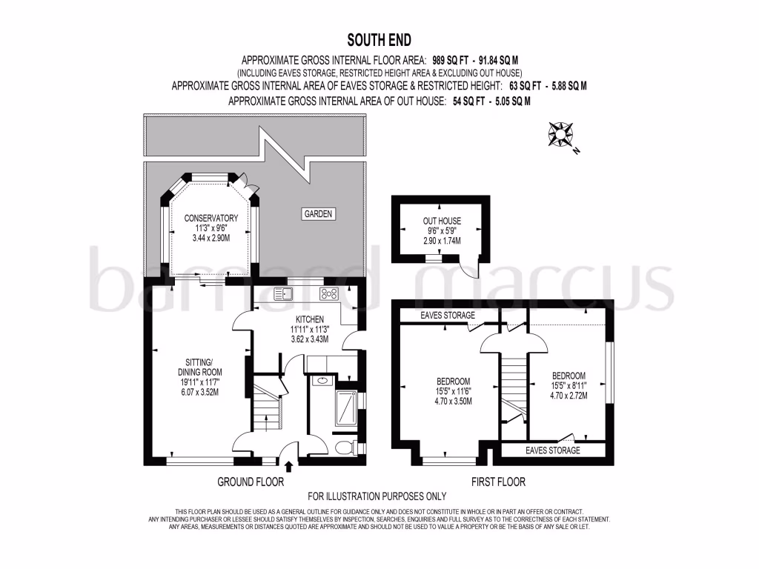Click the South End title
[x=379, y=40]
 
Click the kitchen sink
[x=284, y=293]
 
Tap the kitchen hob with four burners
[x=328, y=293]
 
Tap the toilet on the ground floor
[x=342, y=447]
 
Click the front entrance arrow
[x=288, y=466]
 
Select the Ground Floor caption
[x=251, y=482]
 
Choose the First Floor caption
[x=498, y=482]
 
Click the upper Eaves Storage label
[x=447, y=316]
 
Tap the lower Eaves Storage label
[x=553, y=450]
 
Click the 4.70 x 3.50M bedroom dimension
[x=454, y=401]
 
